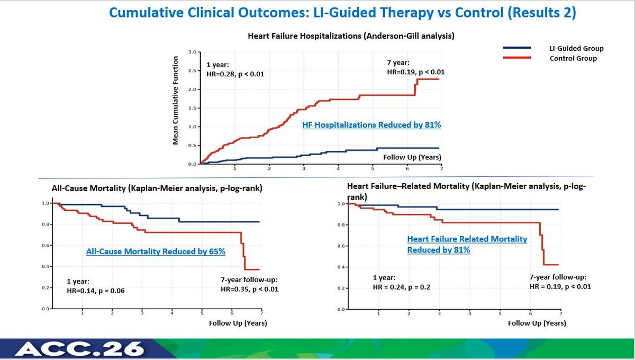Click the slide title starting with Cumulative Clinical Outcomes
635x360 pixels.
[342, 13]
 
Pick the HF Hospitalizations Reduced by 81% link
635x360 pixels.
[371, 125]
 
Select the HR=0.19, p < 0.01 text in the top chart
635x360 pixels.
[415, 72]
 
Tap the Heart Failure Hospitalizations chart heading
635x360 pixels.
[351, 36]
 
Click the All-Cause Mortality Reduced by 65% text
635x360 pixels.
[156, 251]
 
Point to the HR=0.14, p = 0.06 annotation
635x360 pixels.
[95, 290]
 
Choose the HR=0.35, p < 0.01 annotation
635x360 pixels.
[249, 289]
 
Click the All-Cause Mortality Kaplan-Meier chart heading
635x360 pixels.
[158, 187]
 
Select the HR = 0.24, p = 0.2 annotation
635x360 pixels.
[402, 287]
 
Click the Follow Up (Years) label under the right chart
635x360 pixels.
[537, 323]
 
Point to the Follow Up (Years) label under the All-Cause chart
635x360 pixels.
[238, 322]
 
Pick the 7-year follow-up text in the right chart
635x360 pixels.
[558, 277]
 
